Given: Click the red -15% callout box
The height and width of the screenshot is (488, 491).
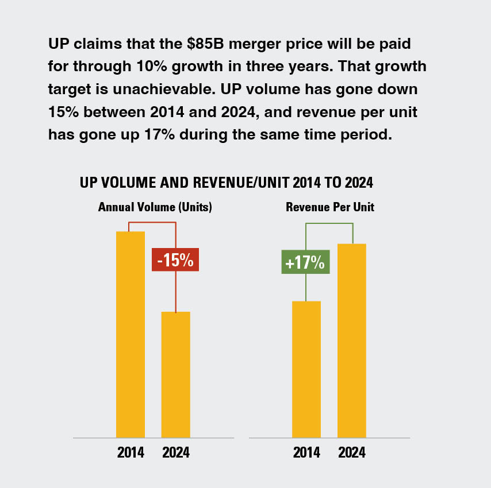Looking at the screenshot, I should click(x=175, y=260).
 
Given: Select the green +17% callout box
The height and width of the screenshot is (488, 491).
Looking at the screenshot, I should click(x=305, y=262).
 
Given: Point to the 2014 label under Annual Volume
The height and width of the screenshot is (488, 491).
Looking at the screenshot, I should click(x=131, y=452).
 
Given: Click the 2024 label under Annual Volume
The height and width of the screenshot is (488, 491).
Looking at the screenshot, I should click(x=175, y=452).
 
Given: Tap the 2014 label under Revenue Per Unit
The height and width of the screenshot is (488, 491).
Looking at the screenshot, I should click(x=306, y=452).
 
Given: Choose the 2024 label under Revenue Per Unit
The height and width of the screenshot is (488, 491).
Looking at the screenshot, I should click(x=351, y=452).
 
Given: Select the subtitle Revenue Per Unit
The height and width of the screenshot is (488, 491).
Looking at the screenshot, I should click(x=330, y=207).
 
